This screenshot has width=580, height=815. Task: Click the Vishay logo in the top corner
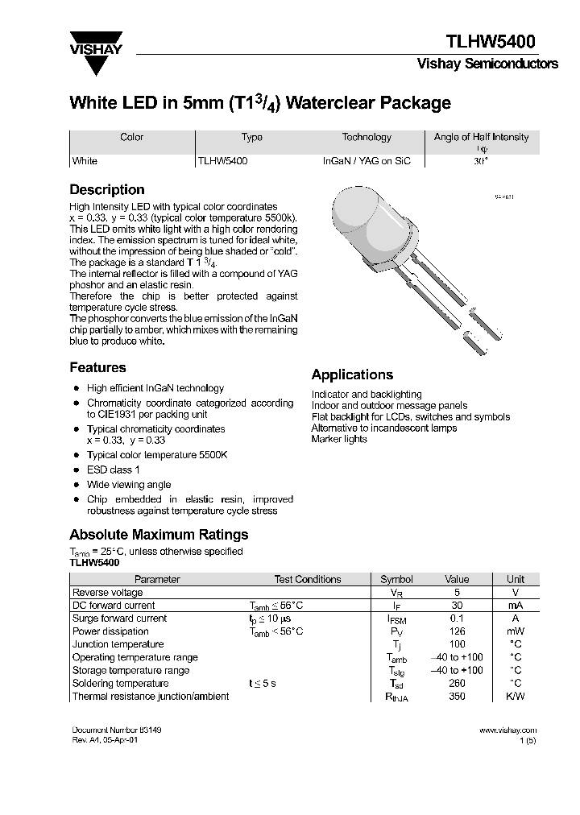pyautogui.click(x=95, y=43)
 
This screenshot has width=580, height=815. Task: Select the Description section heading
pyautogui.click(x=107, y=190)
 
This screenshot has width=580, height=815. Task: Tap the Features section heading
pyautogui.click(x=97, y=367)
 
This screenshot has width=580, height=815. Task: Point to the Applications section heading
pyautogui.click(x=352, y=374)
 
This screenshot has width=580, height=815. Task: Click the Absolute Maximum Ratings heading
pyautogui.click(x=159, y=535)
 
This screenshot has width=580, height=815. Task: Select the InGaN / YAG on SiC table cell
pyautogui.click(x=367, y=161)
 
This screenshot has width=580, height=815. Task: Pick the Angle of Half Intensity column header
pyautogui.click(x=481, y=137)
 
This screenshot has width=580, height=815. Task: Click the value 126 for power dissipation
pyautogui.click(x=457, y=631)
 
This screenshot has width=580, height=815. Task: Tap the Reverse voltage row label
pyautogui.click(x=107, y=592)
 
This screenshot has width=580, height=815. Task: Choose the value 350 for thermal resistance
pyautogui.click(x=457, y=697)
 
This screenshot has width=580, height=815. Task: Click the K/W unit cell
pyautogui.click(x=515, y=697)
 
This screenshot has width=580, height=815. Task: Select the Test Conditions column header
pyautogui.click(x=307, y=579)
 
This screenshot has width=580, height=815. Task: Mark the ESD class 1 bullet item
pyautogui.click(x=114, y=470)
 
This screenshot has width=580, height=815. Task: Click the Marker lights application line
pyautogui.click(x=339, y=439)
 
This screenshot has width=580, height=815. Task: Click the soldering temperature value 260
pyautogui.click(x=457, y=684)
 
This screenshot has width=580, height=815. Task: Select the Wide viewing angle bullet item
pyautogui.click(x=129, y=485)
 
